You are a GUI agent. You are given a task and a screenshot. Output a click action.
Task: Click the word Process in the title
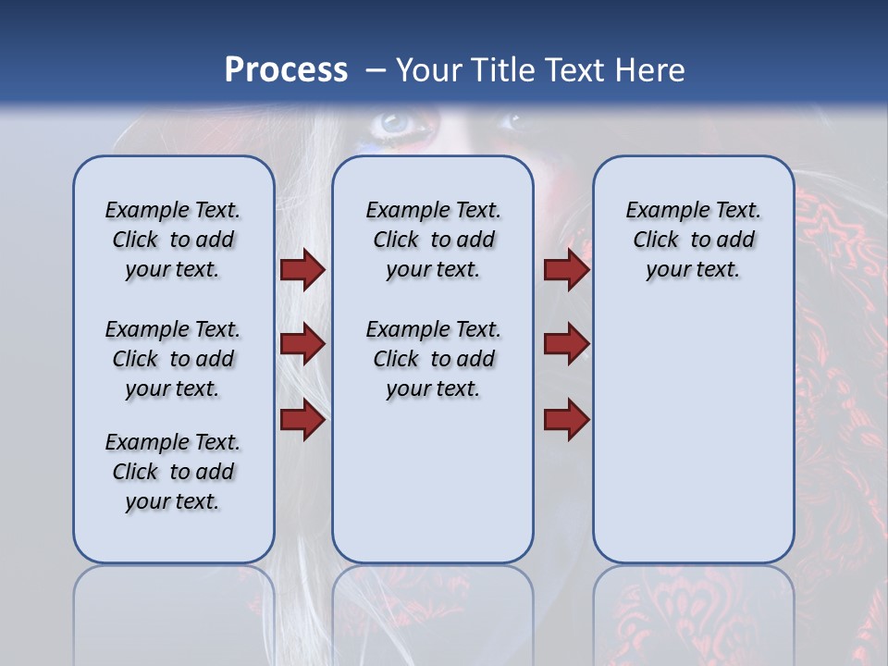pyautogui.click(x=286, y=70)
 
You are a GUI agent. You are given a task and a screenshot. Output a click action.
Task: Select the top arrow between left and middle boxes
pyautogui.click(x=302, y=269)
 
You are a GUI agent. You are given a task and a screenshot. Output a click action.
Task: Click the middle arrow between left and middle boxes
pyautogui.click(x=302, y=344)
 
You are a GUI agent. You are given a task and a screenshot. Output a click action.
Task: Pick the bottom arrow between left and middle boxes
pyautogui.click(x=302, y=420)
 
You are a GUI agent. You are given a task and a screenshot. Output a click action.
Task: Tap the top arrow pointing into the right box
pyautogui.click(x=566, y=269)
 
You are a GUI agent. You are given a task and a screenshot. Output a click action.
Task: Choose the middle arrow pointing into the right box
pyautogui.click(x=566, y=344)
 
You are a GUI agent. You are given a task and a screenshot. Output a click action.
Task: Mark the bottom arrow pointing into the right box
pyautogui.click(x=566, y=420)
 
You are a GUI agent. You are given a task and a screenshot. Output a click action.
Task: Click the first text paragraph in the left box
pyautogui.click(x=173, y=240)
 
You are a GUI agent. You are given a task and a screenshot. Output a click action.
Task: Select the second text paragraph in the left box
pyautogui.click(x=173, y=359)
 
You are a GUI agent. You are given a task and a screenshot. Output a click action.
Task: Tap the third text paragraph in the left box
pyautogui.click(x=173, y=472)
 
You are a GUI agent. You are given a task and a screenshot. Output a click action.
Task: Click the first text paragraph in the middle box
pyautogui.click(x=433, y=240)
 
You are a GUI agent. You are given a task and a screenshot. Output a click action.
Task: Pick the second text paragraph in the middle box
pyautogui.click(x=433, y=359)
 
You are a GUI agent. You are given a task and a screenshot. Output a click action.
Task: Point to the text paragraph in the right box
pyautogui.click(x=693, y=240)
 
